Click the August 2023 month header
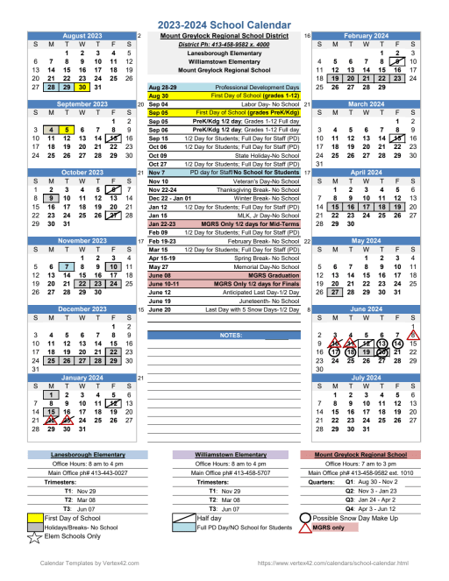point(82,36)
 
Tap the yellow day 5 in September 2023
point(67,130)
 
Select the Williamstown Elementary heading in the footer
point(224,456)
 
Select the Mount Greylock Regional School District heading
point(223,36)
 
